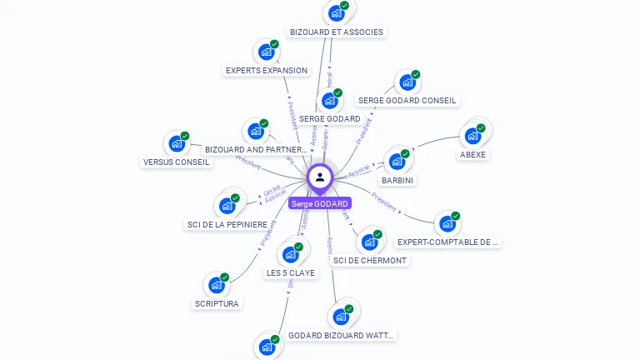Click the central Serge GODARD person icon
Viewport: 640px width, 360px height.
coord(320,177)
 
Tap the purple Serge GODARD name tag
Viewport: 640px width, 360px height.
coord(320,203)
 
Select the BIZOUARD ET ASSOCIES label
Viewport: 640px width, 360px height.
coord(337,32)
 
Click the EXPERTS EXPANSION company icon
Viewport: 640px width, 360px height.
coord(266,52)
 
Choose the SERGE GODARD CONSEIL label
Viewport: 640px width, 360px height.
coord(407,100)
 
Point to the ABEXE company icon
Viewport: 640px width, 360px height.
coord(473,136)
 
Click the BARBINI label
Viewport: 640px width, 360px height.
coord(397,180)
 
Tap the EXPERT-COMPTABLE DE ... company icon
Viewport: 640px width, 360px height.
coord(447,223)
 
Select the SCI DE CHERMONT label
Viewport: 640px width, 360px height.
coord(370,260)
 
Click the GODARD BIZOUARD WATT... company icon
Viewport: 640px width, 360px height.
coord(340,317)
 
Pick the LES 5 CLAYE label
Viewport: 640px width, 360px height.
coord(291,272)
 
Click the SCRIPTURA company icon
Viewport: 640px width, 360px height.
coord(217,286)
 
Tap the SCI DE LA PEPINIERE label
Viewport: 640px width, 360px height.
coord(227,224)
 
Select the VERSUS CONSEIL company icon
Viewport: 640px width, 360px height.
coord(177,143)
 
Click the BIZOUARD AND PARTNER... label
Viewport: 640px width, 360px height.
coord(256,150)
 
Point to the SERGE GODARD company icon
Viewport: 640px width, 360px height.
coord(330,101)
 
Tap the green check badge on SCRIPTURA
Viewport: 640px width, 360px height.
coord(225,277)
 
